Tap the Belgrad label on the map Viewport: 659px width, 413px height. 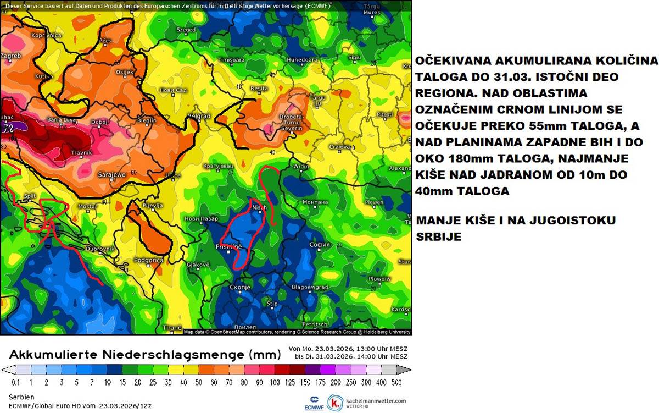click(x=199, y=116)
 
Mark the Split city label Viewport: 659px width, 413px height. click(x=29, y=196)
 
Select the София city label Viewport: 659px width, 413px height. click(x=319, y=244)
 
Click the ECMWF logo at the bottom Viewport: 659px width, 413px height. click(x=314, y=403)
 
